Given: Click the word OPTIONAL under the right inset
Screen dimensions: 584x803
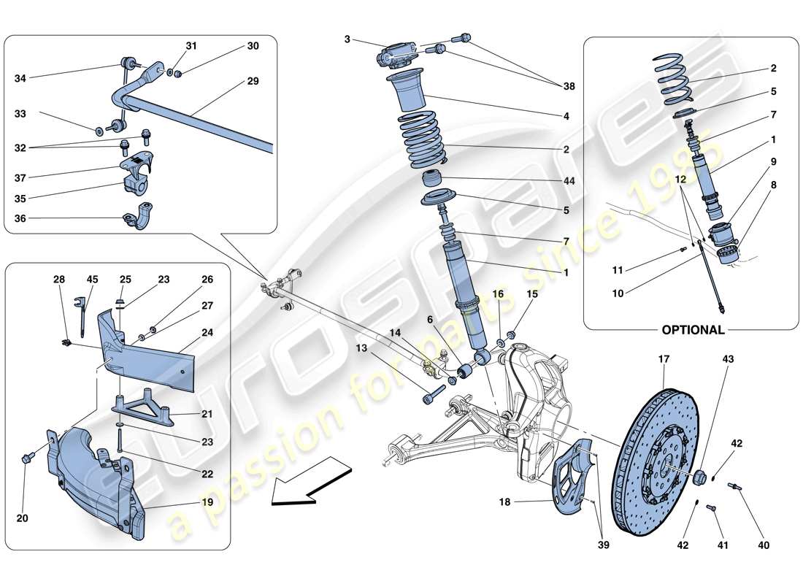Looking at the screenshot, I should (693, 329).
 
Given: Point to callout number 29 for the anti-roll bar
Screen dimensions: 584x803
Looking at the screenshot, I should (253, 81).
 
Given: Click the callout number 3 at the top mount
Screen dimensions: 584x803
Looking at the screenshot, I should (347, 39).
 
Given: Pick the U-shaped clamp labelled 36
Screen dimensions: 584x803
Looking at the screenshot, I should (137, 220).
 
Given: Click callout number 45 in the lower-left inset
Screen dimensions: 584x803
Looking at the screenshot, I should (93, 280).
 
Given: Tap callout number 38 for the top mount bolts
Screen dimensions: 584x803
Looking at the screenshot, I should (569, 86).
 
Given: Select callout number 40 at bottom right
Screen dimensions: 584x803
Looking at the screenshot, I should (763, 545).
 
